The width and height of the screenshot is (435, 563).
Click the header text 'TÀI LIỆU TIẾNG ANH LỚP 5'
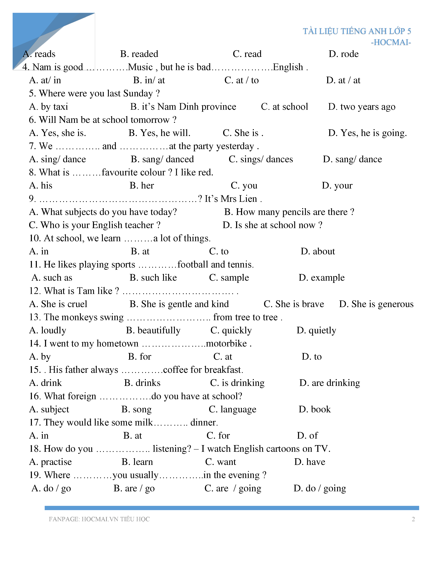tap(357, 31)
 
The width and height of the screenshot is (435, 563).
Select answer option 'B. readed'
tap(139, 54)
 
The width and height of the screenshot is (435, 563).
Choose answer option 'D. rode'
tap(344, 54)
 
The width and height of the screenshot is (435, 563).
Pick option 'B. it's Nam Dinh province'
tap(183, 106)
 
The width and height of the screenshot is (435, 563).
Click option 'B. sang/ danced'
tap(162, 159)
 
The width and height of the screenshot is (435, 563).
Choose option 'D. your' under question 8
tap(337, 185)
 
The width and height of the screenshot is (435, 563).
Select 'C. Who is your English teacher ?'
tap(95, 225)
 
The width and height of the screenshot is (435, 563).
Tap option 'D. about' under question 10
tap(318, 251)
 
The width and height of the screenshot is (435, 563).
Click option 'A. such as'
tap(52, 278)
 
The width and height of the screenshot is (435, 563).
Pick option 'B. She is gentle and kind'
tap(179, 304)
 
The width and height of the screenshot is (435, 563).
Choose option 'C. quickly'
tap(231, 330)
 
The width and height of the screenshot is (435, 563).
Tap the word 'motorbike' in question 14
tap(226, 343)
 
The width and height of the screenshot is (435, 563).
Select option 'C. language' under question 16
tap(233, 409)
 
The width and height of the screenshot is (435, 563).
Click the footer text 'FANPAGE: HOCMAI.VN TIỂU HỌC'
tap(99, 519)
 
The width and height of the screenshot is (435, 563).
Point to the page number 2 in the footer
tap(413, 519)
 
